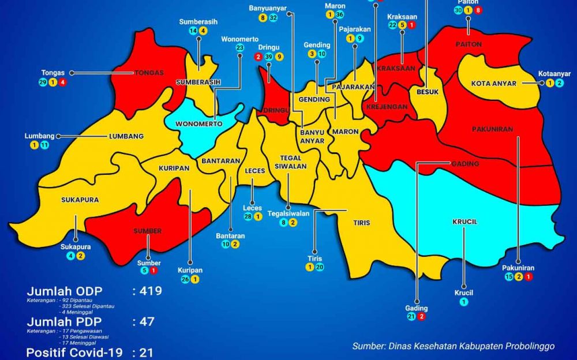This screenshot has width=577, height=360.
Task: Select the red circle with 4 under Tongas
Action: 62,82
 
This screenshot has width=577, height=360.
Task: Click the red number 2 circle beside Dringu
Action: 258,57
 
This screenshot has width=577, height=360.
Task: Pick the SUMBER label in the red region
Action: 148,231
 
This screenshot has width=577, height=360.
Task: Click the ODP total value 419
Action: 148,290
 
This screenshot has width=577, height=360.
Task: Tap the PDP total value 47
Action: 144,321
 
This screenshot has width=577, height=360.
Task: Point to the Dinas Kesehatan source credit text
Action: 454,346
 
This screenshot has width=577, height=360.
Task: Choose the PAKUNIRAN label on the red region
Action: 492,129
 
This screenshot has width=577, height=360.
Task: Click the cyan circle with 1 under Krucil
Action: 463,301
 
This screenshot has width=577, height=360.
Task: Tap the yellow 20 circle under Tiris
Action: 320,267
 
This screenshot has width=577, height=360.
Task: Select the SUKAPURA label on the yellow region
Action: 80,200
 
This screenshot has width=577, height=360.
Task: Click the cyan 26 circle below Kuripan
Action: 185,280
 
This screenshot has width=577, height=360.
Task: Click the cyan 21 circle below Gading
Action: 411,317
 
